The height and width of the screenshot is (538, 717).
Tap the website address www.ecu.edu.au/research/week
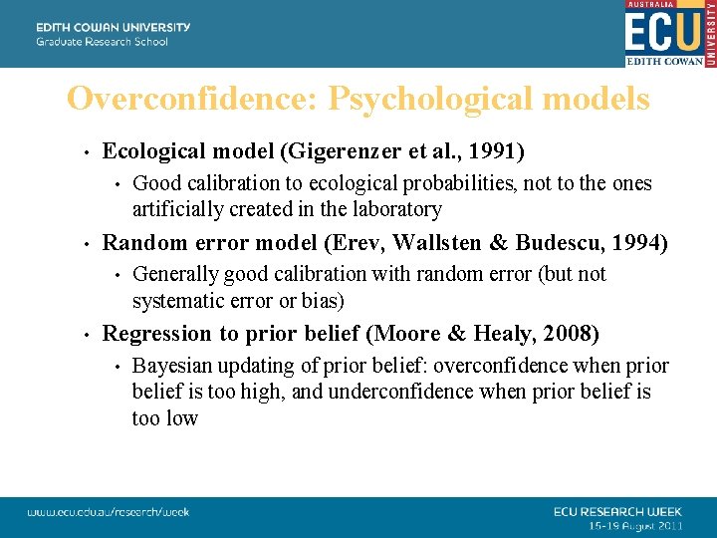pyautogui.click(x=109, y=512)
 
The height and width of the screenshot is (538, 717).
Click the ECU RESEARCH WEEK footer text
pyautogui.click(x=618, y=511)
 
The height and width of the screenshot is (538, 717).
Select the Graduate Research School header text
pyautogui.click(x=103, y=42)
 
